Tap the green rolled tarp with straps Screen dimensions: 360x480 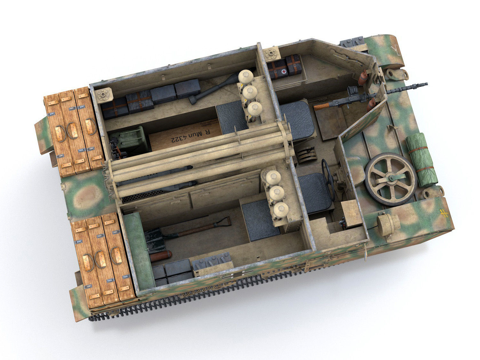pyautogui.click(x=422, y=160)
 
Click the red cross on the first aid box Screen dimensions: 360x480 pyautogui.click(x=284, y=72)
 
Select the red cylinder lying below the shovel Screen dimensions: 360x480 pyautogui.click(x=161, y=256)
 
